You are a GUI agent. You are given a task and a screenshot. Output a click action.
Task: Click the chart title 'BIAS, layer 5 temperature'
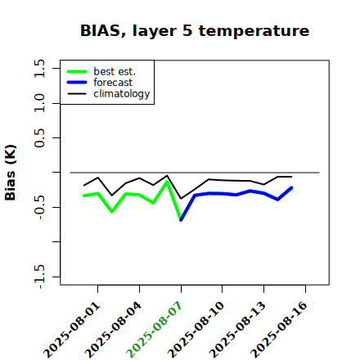(195, 30)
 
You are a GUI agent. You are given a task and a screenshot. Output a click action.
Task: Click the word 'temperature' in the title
(254, 30)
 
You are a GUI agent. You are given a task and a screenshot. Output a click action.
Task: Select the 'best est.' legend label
(115, 71)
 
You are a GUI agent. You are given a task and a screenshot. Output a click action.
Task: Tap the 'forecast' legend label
(113, 83)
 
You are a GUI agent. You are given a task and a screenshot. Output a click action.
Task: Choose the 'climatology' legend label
(122, 94)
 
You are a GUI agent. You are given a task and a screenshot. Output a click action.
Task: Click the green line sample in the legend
(77, 71)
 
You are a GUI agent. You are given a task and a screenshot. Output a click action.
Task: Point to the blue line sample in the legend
(77, 83)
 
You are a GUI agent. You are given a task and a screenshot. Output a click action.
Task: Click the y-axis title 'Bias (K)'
(10, 173)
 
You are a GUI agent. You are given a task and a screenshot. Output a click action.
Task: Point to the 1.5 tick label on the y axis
(39, 68)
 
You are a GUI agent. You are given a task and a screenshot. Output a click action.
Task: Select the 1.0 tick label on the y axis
(39, 103)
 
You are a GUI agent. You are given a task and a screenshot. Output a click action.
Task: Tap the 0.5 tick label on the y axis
(39, 138)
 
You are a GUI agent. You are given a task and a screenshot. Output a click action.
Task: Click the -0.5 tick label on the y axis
(39, 207)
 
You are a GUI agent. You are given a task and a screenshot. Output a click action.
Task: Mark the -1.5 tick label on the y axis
(39, 277)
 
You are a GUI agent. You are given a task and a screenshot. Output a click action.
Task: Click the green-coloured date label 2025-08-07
(154, 330)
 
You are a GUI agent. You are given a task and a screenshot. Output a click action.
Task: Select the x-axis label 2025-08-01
(71, 330)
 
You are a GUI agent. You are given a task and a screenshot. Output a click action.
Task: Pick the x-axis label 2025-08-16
(279, 330)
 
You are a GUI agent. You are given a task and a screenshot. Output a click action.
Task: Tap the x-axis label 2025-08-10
(196, 330)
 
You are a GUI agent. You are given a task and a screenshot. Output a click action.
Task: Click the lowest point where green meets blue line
(181, 220)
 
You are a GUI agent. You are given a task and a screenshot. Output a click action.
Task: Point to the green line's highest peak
(167, 182)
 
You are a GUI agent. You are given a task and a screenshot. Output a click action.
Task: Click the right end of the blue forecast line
(291, 187)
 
